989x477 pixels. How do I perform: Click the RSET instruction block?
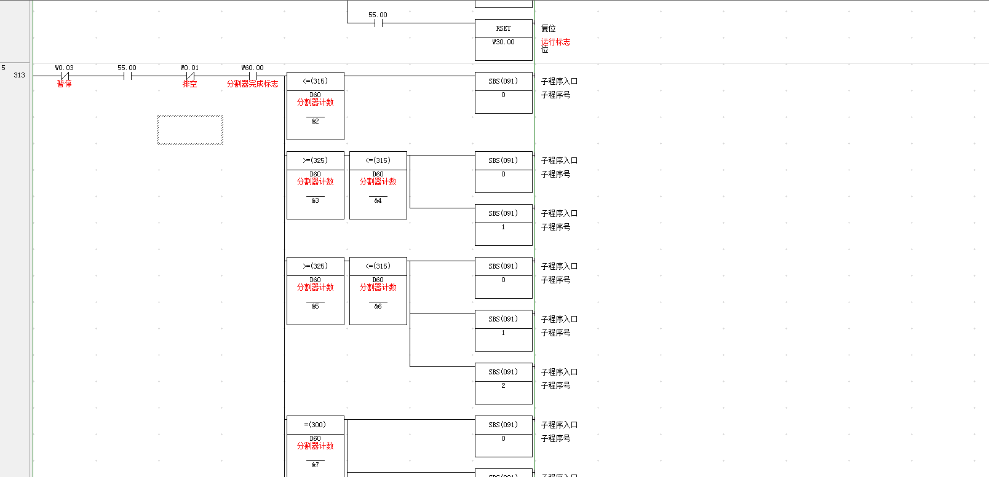503,29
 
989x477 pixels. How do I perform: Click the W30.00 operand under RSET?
503,42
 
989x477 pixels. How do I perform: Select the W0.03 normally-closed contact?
65,76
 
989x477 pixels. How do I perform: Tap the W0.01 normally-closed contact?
190,76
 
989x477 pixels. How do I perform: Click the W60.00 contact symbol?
253,76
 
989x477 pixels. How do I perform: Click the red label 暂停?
65,84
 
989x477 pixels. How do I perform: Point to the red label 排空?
190,84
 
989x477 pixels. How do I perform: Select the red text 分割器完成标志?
253,84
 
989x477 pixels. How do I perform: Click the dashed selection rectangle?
190,130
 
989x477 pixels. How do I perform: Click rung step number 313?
20,76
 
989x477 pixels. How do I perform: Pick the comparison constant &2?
315,122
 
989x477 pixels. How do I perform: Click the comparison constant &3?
315,201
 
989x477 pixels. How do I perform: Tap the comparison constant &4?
378,201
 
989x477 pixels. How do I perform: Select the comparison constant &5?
315,307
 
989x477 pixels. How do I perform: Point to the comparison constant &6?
378,307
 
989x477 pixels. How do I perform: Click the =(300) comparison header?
315,425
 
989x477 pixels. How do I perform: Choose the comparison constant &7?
315,465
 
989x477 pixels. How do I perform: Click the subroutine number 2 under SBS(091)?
503,386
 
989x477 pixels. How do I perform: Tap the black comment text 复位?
548,29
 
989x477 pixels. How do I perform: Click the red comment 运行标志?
555,42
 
